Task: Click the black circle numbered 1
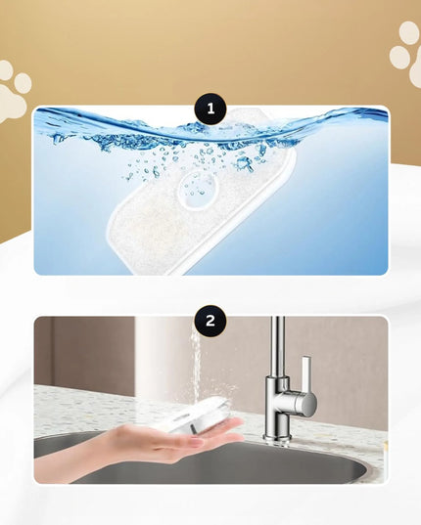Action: pos(210,109)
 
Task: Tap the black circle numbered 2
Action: pos(210,321)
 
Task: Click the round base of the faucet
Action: pos(275,438)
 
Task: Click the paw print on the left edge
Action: pos(13,91)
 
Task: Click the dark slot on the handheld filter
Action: pos(194,427)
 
